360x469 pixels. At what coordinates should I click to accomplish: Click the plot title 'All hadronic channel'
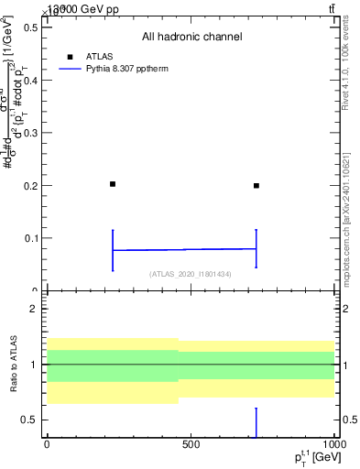click(x=191, y=37)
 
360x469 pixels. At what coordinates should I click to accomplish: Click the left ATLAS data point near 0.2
click(x=113, y=184)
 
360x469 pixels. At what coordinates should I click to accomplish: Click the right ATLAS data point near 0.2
click(x=256, y=185)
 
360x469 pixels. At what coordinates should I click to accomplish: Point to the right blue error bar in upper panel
click(x=256, y=248)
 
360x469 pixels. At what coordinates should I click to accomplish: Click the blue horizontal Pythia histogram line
click(x=184, y=249)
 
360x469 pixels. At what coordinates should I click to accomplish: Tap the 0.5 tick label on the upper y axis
click(x=28, y=27)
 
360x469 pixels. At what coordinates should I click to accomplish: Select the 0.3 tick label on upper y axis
click(x=28, y=133)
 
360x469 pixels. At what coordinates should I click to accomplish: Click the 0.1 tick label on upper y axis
click(x=28, y=238)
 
